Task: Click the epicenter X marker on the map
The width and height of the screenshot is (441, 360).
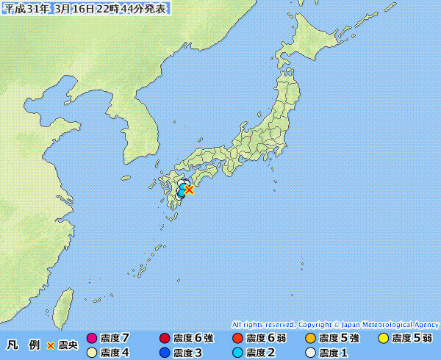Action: point(189,190)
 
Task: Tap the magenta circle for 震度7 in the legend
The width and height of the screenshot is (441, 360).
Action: point(92,339)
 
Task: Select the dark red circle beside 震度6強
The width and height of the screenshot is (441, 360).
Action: point(165,339)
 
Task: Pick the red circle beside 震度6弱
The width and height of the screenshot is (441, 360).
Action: point(237,339)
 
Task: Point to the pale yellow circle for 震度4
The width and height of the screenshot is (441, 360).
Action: point(92,353)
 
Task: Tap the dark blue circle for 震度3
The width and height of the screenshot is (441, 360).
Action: point(165,353)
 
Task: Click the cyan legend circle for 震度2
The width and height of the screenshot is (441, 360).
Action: point(237,353)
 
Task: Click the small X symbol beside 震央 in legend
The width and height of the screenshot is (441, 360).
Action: point(51,345)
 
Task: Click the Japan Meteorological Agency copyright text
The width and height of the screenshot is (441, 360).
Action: point(334,324)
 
